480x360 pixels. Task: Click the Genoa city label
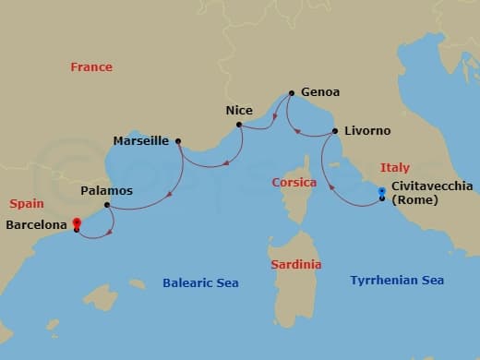[x=320, y=92]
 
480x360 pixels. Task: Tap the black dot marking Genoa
[x=292, y=93]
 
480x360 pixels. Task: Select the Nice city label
[x=239, y=110]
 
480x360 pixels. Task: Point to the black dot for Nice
[x=238, y=125]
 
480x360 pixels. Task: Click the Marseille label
[x=139, y=141]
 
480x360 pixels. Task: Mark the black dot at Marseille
[x=177, y=141]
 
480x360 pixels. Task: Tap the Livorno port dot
[x=334, y=131]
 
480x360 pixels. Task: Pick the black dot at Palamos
[x=107, y=205]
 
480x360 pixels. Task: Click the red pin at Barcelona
[x=77, y=222]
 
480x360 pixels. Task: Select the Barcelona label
[x=37, y=223]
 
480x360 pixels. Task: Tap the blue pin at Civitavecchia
[x=382, y=192]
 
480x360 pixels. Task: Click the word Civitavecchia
[x=432, y=186]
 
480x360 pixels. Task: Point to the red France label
[x=91, y=67]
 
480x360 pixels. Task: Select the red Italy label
[x=395, y=168]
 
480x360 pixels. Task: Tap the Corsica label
[x=294, y=183]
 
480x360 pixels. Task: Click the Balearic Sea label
[x=200, y=283]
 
